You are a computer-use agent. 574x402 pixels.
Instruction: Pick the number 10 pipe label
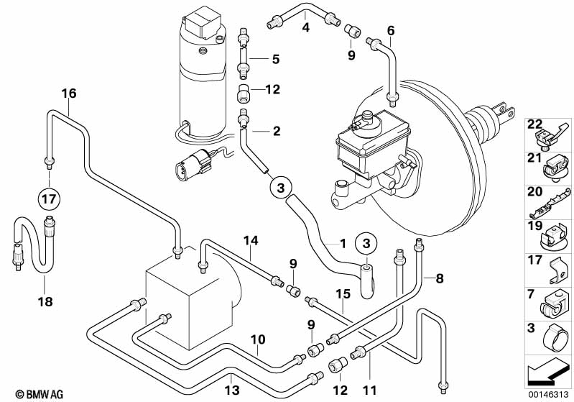258,338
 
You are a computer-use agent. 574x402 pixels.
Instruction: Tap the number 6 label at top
391,30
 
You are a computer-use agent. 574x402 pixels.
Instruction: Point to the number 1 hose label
343,242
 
